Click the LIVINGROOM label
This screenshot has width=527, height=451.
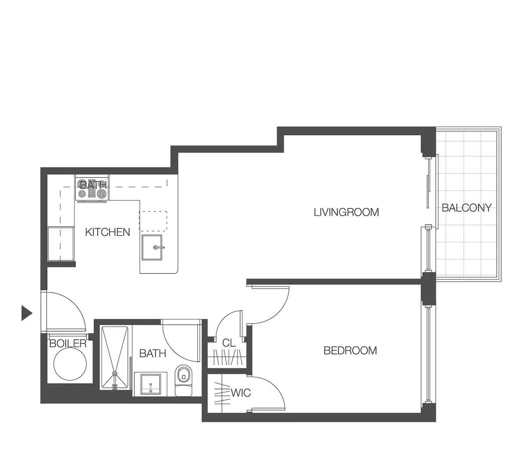coord(346,213)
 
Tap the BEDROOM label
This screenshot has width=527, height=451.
coord(350,350)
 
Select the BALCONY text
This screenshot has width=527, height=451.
coord(466,208)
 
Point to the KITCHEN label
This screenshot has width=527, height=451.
coord(108,232)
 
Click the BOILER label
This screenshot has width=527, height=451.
coord(68,343)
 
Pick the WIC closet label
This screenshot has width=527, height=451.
coord(241,392)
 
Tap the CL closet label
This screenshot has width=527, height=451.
coord(229,343)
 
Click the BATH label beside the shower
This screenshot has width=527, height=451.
coord(153,353)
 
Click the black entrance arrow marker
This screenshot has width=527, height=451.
coord(27,313)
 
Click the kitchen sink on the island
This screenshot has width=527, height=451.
coord(152,248)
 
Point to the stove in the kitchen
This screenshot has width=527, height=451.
coord(92,189)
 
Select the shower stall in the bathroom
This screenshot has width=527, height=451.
coord(115,357)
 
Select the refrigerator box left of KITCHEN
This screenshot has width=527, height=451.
coord(61,244)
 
